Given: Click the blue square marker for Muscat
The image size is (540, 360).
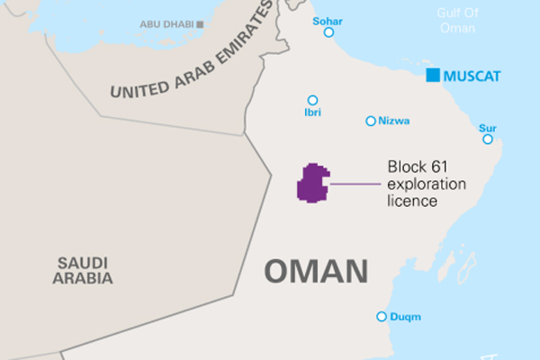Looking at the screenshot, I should pos(433,75).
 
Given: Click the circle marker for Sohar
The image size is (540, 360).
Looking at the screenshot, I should pos(328,32).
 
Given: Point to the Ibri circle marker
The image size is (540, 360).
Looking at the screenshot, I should pos(312,100).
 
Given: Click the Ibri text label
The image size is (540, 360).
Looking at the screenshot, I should pos(312,112).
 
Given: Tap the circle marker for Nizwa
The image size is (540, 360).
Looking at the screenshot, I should pos(370,121).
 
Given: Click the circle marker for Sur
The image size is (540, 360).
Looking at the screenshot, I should pos(488,139).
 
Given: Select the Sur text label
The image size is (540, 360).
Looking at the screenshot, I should pos(488,127).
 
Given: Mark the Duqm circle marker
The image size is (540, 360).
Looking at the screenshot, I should pos(382,316).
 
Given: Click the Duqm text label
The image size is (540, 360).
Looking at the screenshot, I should pos(406,316).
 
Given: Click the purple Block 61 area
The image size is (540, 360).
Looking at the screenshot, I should pos(312,184).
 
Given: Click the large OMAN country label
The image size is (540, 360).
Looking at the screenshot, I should pos(316,271).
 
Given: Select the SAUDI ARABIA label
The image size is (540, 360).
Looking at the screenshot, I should pos(83,270).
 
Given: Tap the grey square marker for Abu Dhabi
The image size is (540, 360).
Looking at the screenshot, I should pos(200,24).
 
